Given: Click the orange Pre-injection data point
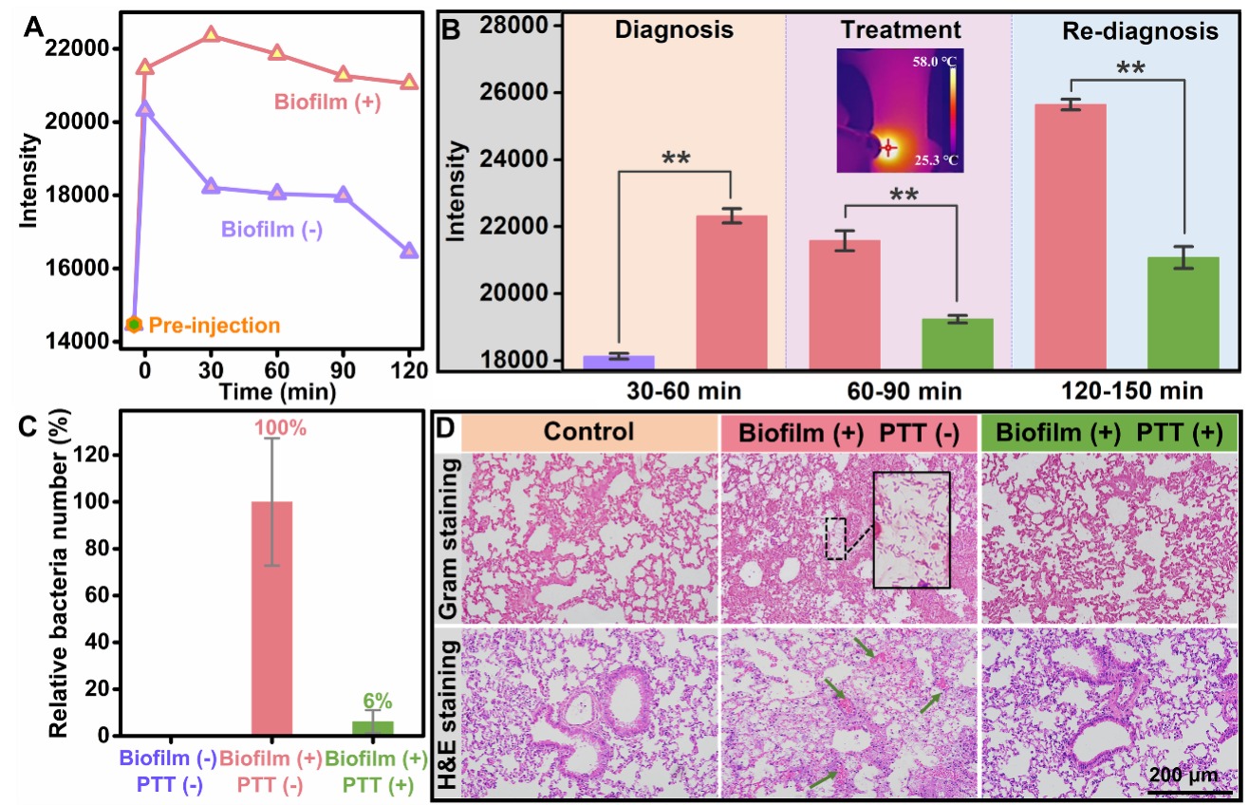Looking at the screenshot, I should [134, 325].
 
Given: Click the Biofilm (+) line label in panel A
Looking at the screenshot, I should [327, 103].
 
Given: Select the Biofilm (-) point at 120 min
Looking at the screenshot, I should [409, 251].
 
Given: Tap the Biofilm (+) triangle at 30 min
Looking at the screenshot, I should [211, 35].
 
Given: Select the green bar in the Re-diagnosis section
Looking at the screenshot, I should [1183, 312].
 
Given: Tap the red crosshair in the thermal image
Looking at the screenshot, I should [888, 148].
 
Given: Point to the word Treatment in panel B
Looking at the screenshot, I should [900, 29].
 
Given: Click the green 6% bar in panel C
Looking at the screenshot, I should [373, 728].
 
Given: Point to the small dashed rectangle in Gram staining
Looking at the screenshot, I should [835, 538].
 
